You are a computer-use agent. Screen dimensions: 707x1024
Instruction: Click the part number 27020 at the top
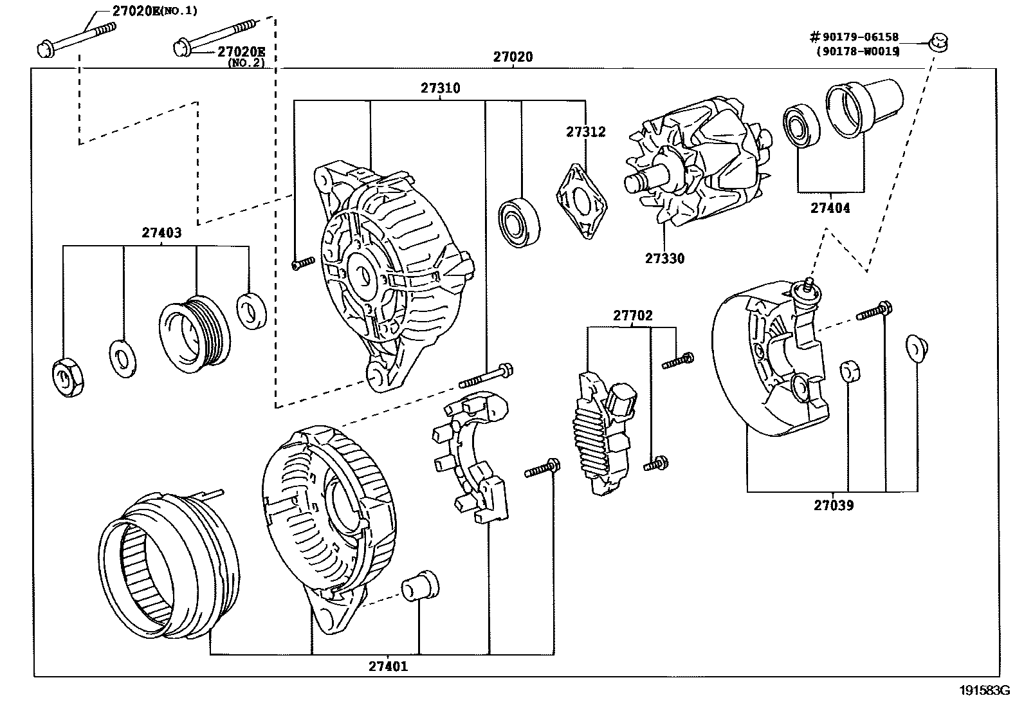pyautogui.click(x=513, y=57)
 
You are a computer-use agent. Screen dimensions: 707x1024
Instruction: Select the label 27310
pyautogui.click(x=441, y=88)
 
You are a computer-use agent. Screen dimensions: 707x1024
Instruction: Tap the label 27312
pyautogui.click(x=585, y=132)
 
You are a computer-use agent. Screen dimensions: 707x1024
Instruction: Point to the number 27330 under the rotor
pyautogui.click(x=665, y=259)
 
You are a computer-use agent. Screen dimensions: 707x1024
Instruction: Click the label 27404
pyautogui.click(x=830, y=208)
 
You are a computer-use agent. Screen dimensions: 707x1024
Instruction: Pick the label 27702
pyautogui.click(x=632, y=315)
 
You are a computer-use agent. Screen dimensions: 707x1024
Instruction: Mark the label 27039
pyautogui.click(x=834, y=505)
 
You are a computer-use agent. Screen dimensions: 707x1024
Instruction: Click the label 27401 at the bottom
pyautogui.click(x=388, y=666)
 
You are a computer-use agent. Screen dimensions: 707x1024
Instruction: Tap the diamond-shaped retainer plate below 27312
pyautogui.click(x=581, y=201)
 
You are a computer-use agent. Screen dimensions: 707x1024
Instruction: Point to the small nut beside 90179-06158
pyautogui.click(x=939, y=44)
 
